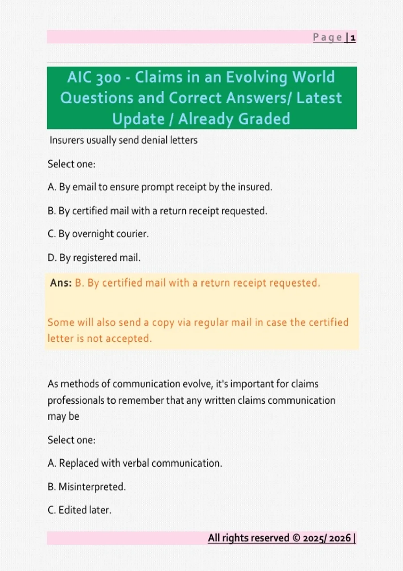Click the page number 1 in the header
pos(353,38)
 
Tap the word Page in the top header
pos(327,37)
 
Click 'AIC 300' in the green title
pos(94,77)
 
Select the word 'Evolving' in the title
pos(257,77)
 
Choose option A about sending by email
pos(160,187)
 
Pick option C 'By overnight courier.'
pos(98,234)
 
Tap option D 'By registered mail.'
pos(94,258)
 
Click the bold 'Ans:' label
pos(61,283)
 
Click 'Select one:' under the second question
pos(72,440)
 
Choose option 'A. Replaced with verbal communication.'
pos(135,463)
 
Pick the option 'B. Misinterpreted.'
pos(87,487)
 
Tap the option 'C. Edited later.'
pos(80,510)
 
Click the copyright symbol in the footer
pos(296,538)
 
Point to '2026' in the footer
pos(340,538)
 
